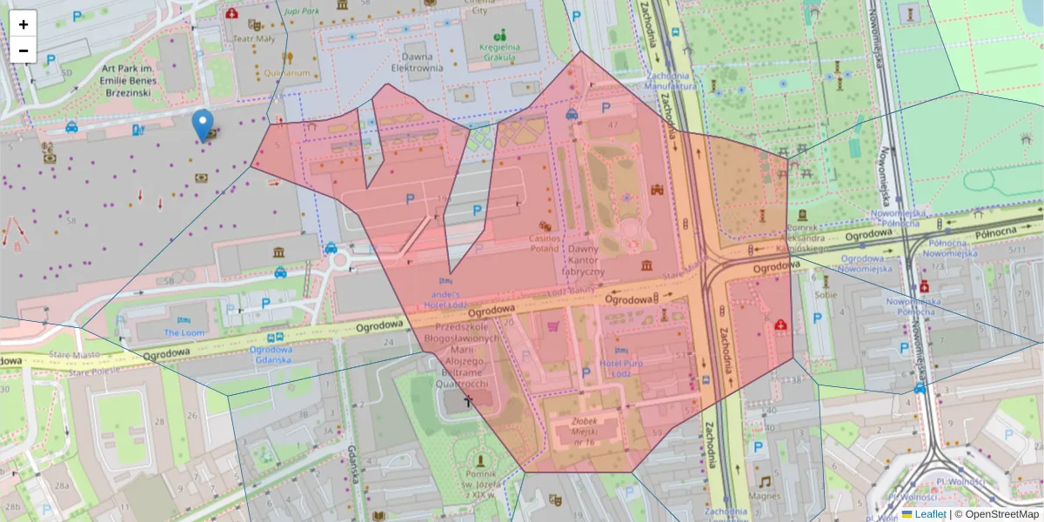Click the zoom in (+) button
pos(23,24)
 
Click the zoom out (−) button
pos(23,50)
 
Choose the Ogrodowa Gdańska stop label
pos(271,355)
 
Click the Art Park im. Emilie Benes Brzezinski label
pos(127,80)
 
